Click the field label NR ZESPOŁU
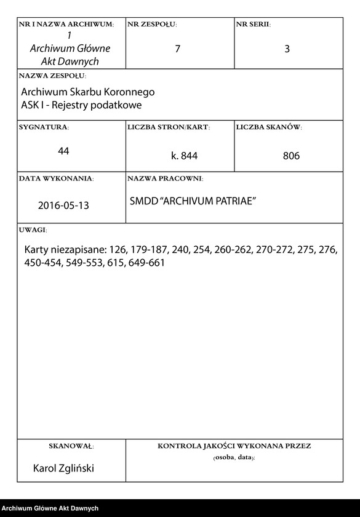(x=152, y=25)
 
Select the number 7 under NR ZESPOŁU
(x=177, y=49)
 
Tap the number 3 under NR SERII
(x=287, y=49)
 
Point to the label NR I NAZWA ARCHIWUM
(x=66, y=25)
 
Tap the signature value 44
(x=63, y=151)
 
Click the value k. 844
(x=184, y=156)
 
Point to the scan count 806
(x=291, y=156)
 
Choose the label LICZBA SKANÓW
(x=268, y=127)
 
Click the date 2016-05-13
(x=63, y=206)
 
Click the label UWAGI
(x=33, y=230)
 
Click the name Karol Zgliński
(x=63, y=469)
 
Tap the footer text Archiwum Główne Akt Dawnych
(x=50, y=508)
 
